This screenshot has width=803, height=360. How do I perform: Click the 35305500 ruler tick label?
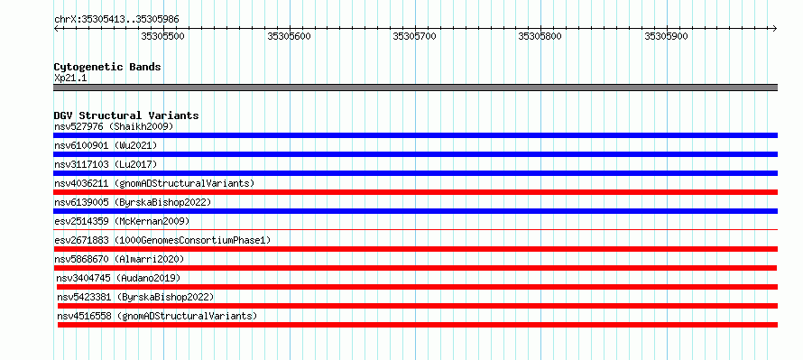coord(162,36)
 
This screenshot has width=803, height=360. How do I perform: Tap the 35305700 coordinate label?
coord(414,36)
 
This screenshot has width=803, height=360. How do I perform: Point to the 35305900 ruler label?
coord(666,36)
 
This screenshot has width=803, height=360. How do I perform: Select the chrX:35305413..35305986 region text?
coord(116,20)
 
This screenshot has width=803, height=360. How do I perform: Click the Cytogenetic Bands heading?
coord(107,67)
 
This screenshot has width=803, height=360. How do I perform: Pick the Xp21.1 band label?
coord(70,78)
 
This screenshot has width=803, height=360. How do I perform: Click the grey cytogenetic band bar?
coord(415,88)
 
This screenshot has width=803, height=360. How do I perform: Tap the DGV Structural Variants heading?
coord(126,115)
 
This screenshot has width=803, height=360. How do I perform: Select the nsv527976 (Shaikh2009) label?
coord(114,126)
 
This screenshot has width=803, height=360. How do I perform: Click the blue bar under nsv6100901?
coord(415,154)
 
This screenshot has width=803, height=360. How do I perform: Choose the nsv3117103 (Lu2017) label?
coord(106,164)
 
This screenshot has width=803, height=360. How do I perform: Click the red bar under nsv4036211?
coord(415,192)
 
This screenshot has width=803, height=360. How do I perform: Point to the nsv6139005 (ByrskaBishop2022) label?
coord(133,202)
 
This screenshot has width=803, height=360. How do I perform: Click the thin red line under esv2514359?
coord(415,230)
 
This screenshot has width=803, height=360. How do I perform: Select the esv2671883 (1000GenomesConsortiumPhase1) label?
coord(162,240)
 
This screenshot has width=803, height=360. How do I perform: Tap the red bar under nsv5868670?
coord(415,268)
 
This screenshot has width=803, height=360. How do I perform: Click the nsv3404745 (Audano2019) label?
coord(119,278)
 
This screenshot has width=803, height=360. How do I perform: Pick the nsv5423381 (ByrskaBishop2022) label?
coord(135,297)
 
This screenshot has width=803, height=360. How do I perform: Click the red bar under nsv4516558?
coord(418,325)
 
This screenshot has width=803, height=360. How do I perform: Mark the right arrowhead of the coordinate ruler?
coord(776,28)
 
